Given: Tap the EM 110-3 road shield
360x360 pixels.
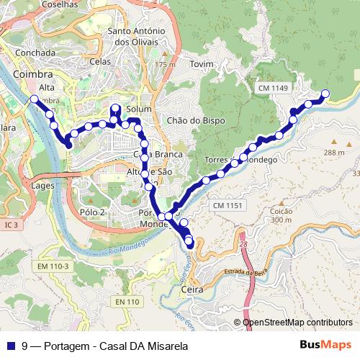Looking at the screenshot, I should point(53,267).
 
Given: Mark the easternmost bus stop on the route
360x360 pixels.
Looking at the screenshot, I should point(325,93).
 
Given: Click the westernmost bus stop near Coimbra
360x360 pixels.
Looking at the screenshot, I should point(34,99).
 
